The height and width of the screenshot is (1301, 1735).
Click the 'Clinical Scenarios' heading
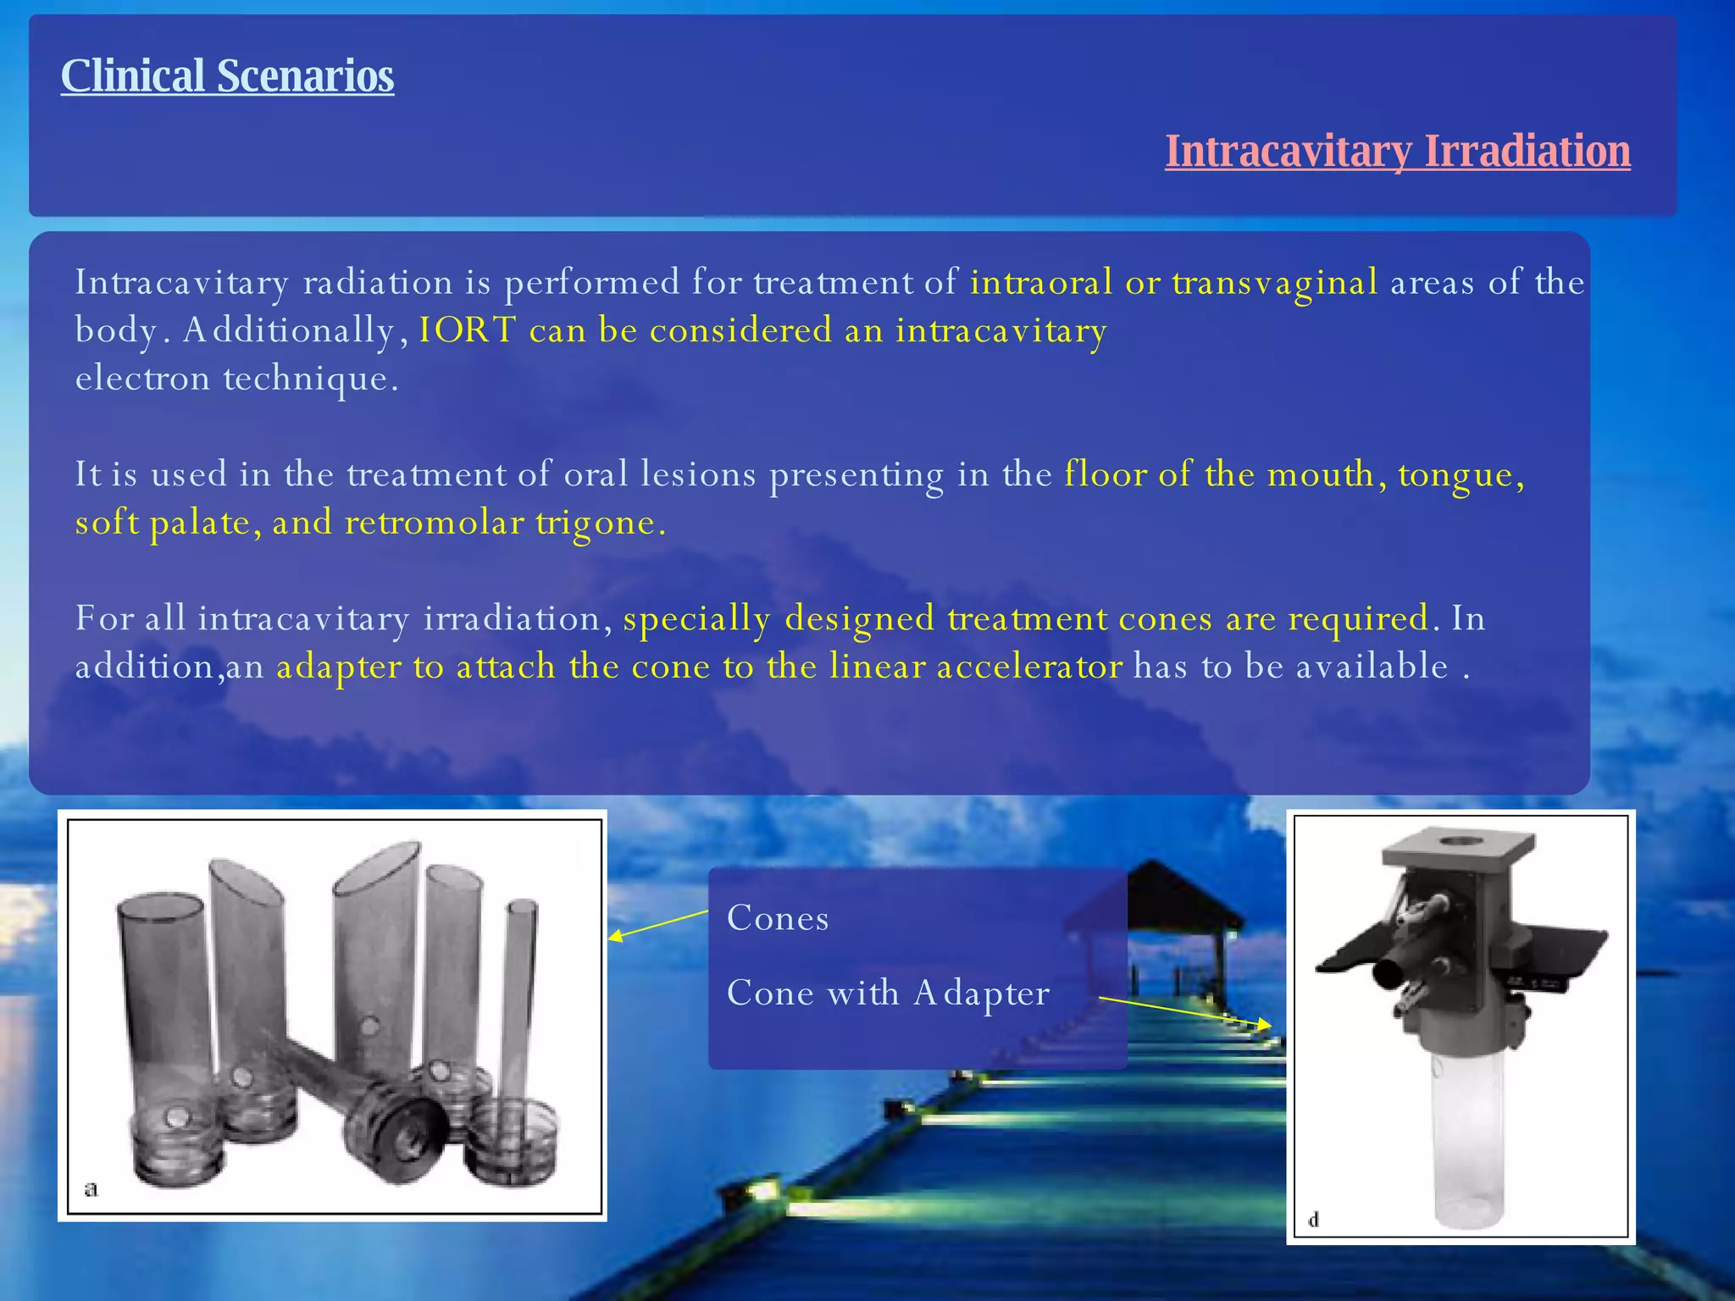click(x=227, y=76)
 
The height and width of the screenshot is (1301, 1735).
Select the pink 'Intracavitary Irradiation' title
click(x=1397, y=152)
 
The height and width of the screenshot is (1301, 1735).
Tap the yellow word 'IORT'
click(x=467, y=330)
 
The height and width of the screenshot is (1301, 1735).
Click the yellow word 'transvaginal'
click(x=1275, y=283)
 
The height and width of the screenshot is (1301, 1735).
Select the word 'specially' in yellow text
click(x=696, y=618)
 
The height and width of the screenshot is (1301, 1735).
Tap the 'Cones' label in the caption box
click(x=778, y=918)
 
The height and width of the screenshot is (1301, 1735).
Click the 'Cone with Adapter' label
click(x=888, y=993)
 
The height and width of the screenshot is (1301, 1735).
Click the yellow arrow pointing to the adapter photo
click(x=1186, y=1012)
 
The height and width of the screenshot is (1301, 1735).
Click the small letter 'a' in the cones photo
click(x=91, y=1188)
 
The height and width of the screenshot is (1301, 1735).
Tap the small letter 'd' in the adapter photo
click(x=1314, y=1220)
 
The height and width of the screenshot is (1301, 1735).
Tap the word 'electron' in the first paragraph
click(x=142, y=379)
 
